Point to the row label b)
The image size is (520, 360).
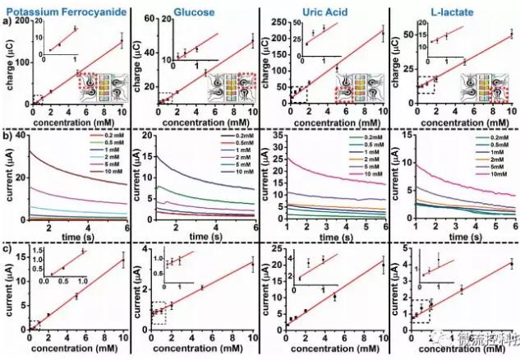pos(7,133)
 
